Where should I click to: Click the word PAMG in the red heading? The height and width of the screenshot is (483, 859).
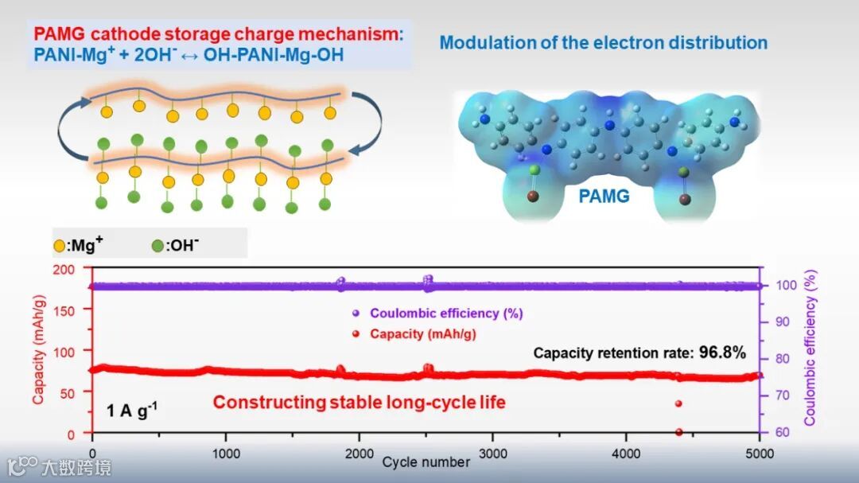point(58,36)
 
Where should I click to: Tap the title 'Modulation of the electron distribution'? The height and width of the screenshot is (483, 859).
point(603,42)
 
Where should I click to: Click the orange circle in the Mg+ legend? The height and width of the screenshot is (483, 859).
point(59,245)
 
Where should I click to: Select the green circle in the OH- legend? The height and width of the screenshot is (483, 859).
point(157,245)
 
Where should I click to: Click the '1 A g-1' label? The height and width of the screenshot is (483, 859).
point(133,410)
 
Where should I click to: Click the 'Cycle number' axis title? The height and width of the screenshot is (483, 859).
point(426,462)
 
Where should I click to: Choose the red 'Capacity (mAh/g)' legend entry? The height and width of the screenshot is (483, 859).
point(422,334)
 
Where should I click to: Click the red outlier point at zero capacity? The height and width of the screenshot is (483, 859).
point(678,432)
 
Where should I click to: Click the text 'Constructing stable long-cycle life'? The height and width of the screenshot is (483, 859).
point(359,403)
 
